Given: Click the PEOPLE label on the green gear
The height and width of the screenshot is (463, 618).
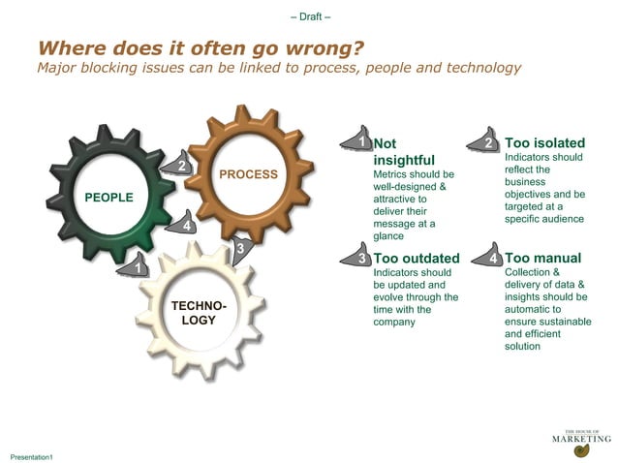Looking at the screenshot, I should click(x=108, y=198).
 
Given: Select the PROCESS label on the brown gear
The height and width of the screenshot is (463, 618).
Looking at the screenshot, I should click(x=248, y=174).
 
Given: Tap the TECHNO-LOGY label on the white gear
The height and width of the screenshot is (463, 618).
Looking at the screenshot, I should click(x=199, y=313).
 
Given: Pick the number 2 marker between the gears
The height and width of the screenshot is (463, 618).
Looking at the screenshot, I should click(x=179, y=166).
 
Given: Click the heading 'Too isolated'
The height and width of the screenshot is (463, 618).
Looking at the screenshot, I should click(x=543, y=143).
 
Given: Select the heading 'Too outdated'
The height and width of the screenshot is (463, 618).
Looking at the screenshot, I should click(x=417, y=259).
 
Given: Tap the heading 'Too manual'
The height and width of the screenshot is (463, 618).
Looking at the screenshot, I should click(x=542, y=259).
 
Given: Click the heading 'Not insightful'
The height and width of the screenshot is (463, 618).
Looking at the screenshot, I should click(x=404, y=152).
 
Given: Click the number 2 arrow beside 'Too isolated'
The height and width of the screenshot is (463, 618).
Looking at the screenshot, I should click(x=488, y=142).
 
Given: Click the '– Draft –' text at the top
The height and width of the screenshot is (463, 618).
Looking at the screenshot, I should click(x=310, y=16).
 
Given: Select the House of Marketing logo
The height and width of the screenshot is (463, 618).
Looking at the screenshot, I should click(x=581, y=441).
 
